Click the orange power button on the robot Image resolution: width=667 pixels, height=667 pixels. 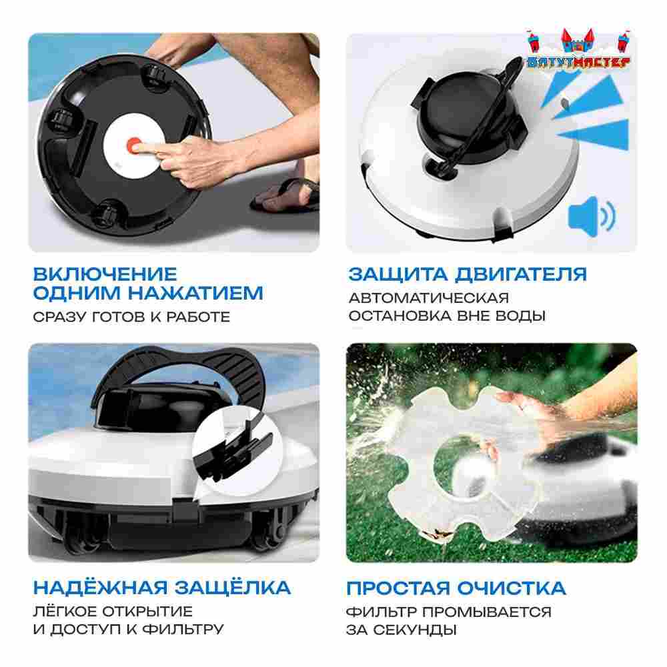point(135,145)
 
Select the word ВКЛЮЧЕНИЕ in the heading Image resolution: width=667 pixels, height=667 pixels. point(105,274)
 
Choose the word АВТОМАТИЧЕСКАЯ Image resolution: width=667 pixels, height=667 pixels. point(428,297)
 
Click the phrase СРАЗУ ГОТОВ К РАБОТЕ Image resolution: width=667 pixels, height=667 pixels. point(131,317)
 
